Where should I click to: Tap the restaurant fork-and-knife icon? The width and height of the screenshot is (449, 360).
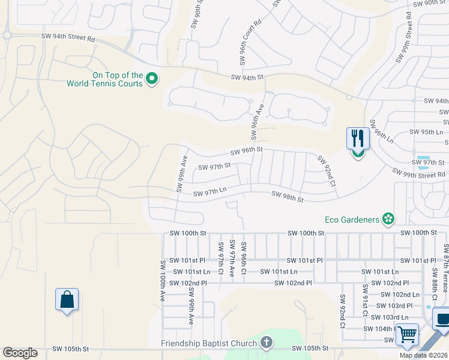pyautogui.click(x=358, y=139)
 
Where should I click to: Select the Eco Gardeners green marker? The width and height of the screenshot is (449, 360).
pyautogui.click(x=389, y=219)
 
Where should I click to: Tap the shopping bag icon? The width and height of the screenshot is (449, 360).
pyautogui.click(x=67, y=299)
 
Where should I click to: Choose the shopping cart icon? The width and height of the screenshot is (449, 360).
pyautogui.click(x=408, y=334)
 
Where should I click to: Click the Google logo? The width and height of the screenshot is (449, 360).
pyautogui.click(x=20, y=353)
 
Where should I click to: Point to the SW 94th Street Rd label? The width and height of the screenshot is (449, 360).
pyautogui.click(x=68, y=38)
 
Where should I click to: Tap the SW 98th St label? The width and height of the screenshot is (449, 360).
pyautogui.click(x=288, y=196)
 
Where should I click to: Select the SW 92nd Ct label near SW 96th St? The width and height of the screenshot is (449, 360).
pyautogui.click(x=326, y=172)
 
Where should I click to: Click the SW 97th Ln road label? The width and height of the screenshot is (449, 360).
pyautogui.click(x=209, y=193)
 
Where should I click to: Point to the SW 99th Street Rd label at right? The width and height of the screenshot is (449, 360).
pyautogui.click(x=420, y=174)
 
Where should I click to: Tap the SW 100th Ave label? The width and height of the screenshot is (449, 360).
pyautogui.click(x=163, y=280)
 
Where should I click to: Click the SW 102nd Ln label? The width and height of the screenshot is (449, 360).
pyautogui.click(x=400, y=295)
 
